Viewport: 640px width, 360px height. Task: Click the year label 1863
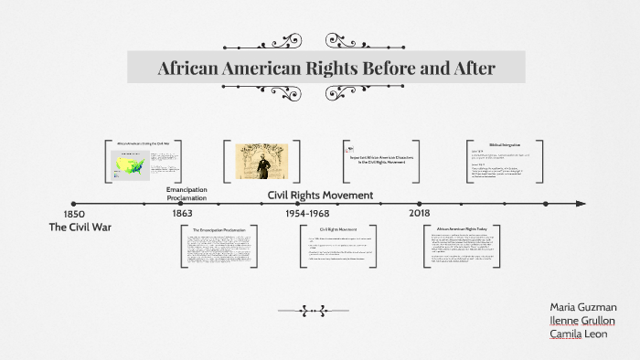pos(182,213)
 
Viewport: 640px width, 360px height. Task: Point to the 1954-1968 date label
pos(306,213)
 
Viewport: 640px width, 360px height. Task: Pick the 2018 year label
pos(420,213)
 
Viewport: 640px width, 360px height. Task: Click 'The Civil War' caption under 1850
pos(80,226)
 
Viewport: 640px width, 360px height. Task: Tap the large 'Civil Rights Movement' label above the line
pos(320,195)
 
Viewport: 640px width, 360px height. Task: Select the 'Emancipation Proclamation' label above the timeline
pos(187,194)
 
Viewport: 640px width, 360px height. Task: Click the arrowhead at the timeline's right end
pos(581,204)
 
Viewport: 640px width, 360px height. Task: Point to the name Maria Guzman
pos(583,307)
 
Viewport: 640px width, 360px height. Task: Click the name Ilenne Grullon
pos(582,321)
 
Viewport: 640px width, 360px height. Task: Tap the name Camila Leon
pos(577,334)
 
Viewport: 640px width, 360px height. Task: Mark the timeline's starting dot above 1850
pos(74,204)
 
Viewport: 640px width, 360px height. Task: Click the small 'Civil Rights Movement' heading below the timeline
pos(337,228)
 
